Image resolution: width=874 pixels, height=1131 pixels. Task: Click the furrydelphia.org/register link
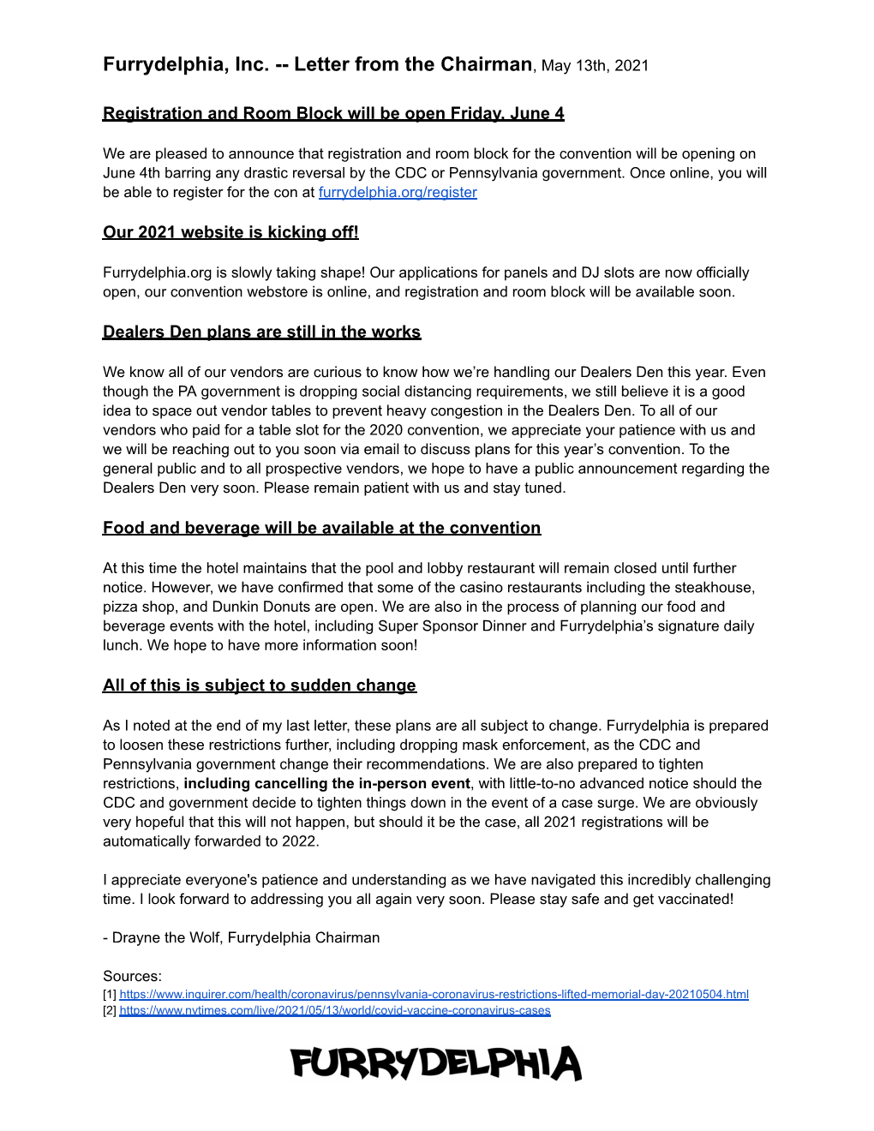click(x=398, y=193)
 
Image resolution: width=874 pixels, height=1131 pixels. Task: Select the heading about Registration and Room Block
click(x=333, y=114)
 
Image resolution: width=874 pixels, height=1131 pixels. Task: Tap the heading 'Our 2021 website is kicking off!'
click(x=230, y=232)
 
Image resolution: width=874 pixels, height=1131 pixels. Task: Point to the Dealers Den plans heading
click(x=261, y=332)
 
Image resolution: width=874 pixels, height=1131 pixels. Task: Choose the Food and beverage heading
click(x=321, y=529)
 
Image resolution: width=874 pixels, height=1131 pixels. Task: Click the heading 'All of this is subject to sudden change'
click(x=259, y=685)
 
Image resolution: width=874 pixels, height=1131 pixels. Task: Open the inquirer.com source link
click(x=434, y=995)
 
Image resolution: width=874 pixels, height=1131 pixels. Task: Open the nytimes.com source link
click(x=334, y=1011)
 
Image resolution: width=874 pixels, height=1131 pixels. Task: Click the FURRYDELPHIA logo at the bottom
click(x=436, y=1063)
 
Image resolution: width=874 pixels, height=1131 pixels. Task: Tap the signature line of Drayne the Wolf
click(x=242, y=937)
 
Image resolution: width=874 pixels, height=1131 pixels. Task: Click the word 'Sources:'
click(x=132, y=976)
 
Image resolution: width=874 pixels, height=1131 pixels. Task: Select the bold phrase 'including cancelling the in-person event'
click(x=326, y=784)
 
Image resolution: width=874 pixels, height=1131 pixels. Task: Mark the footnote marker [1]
click(x=110, y=995)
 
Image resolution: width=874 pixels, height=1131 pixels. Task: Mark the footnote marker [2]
click(x=110, y=1011)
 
